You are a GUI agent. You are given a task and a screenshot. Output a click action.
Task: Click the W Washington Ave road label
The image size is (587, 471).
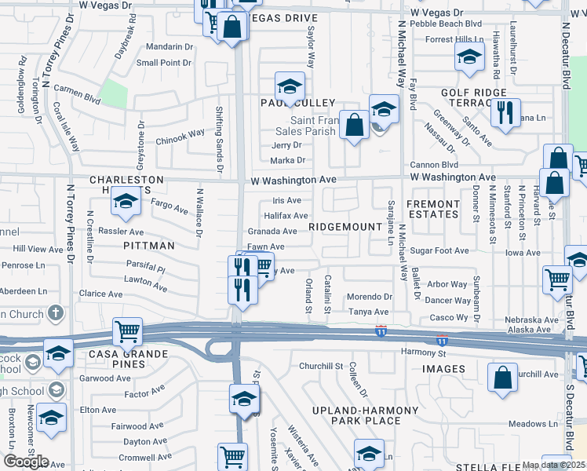click(295, 180)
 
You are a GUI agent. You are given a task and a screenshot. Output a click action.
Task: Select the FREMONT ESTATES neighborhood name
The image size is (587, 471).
click(432, 210)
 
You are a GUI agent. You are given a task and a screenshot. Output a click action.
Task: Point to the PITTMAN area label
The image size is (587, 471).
click(148, 246)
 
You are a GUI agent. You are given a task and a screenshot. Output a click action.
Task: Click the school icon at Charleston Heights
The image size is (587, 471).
click(125, 203)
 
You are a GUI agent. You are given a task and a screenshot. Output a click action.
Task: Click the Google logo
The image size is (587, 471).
click(26, 462)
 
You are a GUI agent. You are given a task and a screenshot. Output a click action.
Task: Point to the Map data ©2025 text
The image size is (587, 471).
click(554, 465)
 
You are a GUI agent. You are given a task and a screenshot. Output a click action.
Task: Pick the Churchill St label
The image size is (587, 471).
click(322, 366)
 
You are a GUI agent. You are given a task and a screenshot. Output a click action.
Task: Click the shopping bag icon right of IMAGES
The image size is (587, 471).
click(502, 376)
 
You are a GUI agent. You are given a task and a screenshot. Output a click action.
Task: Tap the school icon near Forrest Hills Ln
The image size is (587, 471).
click(469, 57)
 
